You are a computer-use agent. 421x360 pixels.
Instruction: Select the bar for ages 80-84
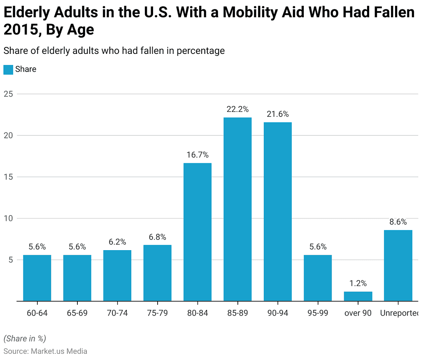[x=198, y=232]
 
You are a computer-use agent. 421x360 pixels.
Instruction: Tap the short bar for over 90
[x=358, y=296]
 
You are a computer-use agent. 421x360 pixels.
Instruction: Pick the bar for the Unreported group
[x=398, y=265]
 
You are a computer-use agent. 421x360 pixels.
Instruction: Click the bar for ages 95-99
[x=318, y=278]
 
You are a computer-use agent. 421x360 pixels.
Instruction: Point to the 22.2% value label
[x=237, y=109]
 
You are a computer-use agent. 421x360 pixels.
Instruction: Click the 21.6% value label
[x=278, y=114]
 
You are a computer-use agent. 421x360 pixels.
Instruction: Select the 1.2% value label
[x=358, y=283]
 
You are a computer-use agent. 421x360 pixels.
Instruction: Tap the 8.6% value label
[x=398, y=222]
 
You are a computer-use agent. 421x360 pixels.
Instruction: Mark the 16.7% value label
[x=198, y=155]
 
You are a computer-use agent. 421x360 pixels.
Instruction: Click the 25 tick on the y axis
[x=8, y=94]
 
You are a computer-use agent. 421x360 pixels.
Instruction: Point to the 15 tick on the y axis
[x=8, y=177]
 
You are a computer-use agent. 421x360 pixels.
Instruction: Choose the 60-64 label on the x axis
[x=37, y=313]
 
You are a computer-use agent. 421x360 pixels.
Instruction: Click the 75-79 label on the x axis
[x=157, y=313]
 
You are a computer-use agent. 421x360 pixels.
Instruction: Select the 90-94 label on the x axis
[x=278, y=313]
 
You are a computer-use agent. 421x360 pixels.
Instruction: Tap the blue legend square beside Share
[x=8, y=70]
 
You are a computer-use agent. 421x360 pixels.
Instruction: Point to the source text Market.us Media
[x=58, y=351]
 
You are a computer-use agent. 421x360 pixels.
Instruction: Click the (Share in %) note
[x=25, y=339]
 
